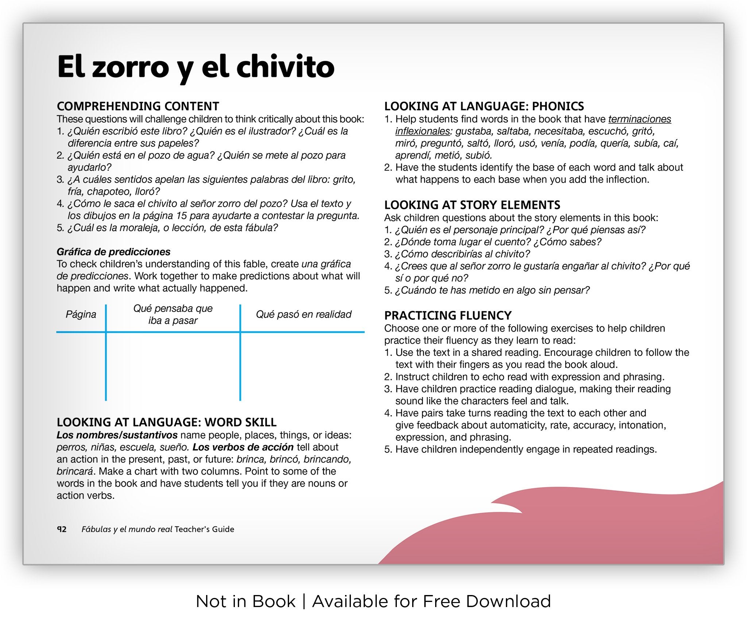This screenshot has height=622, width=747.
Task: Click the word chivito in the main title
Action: coord(285,67)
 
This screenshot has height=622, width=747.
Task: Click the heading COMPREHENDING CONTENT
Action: coord(138,106)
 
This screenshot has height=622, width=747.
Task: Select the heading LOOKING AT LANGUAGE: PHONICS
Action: coord(484,106)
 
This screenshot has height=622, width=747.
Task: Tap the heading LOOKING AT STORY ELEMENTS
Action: coord(472,205)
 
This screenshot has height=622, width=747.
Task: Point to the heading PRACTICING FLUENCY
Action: coord(448,315)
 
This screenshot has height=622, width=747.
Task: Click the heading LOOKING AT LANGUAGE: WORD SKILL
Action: coord(166,422)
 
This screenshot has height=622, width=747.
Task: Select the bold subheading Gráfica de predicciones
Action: coord(113,252)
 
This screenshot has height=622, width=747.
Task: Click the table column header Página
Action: coord(81,314)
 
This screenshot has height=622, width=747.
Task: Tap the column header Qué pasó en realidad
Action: coord(303,314)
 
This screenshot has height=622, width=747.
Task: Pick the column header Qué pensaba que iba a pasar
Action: coord(173,314)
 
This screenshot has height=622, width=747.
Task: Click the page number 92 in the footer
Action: coord(62,529)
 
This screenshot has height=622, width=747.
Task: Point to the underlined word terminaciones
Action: coord(639,119)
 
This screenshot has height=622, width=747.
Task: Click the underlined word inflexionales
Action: coord(422,131)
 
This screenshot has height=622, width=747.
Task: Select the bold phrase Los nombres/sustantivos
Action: coord(117,435)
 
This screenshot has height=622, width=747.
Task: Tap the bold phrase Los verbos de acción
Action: coord(243,447)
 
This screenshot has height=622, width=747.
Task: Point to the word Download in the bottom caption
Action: coord(508,601)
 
